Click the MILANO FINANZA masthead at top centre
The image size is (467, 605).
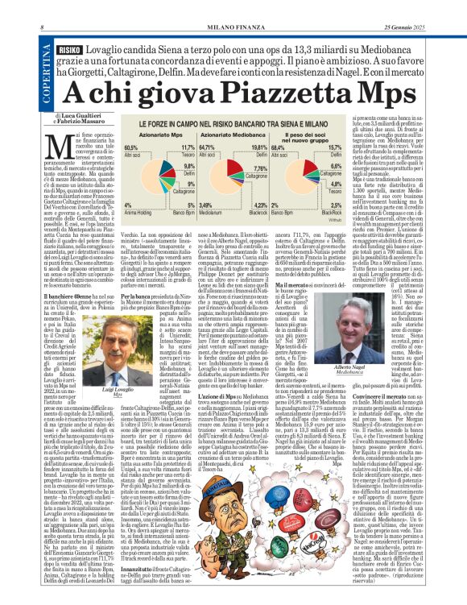233,6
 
